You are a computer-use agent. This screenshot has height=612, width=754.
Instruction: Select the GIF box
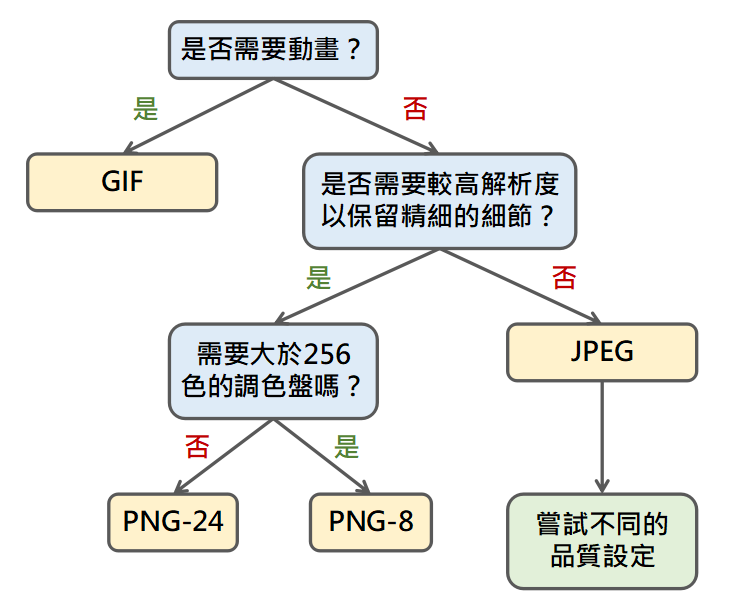[122, 181]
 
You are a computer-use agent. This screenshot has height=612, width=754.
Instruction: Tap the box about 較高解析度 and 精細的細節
[439, 200]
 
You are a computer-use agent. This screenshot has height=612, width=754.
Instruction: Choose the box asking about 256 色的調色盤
[273, 370]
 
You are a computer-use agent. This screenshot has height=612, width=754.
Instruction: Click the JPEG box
[602, 352]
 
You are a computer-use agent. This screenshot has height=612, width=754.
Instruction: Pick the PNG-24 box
[173, 521]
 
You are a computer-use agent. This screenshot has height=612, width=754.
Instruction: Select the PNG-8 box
[371, 521]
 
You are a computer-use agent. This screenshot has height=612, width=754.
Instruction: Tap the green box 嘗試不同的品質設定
[602, 540]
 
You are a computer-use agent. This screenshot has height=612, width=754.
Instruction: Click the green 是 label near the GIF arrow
[146, 108]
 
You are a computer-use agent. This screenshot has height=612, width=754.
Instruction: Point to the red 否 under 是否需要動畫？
[415, 108]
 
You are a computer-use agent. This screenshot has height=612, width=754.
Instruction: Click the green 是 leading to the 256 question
[318, 277]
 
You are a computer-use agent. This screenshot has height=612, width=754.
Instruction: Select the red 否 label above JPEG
[564, 277]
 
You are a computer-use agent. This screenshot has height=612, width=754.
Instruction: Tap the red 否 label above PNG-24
[197, 446]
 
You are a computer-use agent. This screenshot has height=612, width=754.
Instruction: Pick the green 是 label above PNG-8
[346, 446]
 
